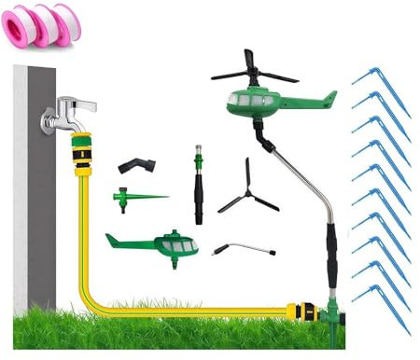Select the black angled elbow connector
coord(136,166)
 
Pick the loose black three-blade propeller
coord(247,187)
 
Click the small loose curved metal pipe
coord(245,248)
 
